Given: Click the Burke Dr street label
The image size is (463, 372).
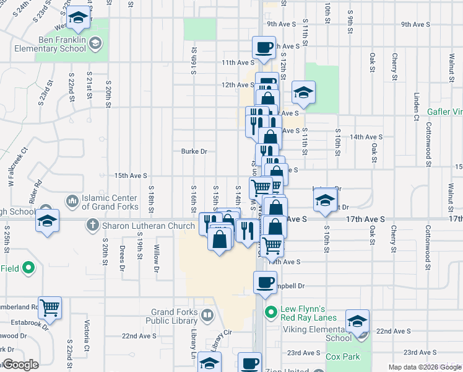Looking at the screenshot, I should [194, 151].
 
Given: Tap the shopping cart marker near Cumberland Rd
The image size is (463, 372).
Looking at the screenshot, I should [50, 306].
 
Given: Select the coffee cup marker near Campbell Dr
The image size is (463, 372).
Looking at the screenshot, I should [265, 282].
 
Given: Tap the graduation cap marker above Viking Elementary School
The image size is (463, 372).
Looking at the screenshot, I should [357, 320].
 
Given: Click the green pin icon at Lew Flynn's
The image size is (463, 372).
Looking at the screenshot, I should [270, 312].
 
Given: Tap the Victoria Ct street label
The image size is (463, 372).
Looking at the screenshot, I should [87, 334].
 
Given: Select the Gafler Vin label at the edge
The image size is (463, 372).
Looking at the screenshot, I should [445, 112].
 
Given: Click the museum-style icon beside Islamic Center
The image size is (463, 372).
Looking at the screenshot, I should [72, 201].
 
